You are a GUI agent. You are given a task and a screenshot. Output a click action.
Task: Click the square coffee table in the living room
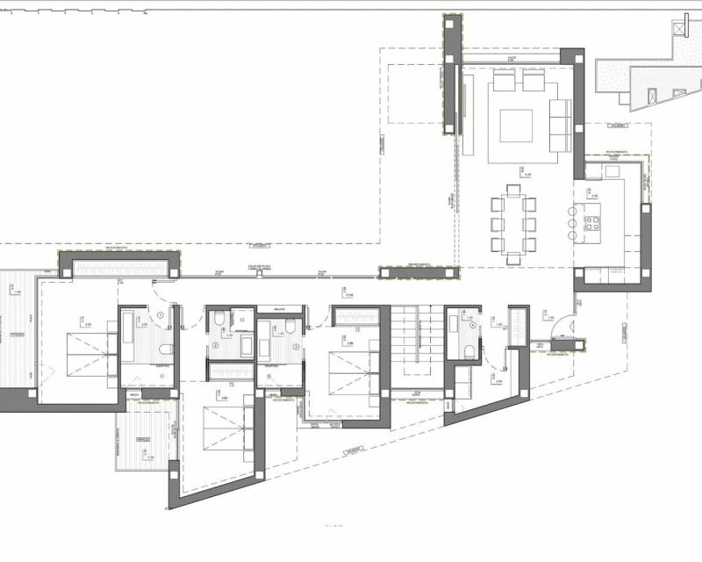point(516,126)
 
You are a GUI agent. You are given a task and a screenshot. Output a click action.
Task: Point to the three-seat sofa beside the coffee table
point(559,124)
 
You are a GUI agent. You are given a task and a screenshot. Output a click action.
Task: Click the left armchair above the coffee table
point(504,82)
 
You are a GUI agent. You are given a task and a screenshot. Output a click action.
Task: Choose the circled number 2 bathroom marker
point(214,345)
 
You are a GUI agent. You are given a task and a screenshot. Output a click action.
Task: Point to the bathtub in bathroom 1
point(127,335)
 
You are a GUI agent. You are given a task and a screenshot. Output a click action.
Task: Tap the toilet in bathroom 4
point(469,351)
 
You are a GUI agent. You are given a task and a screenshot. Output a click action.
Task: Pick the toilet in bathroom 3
point(290,328)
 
